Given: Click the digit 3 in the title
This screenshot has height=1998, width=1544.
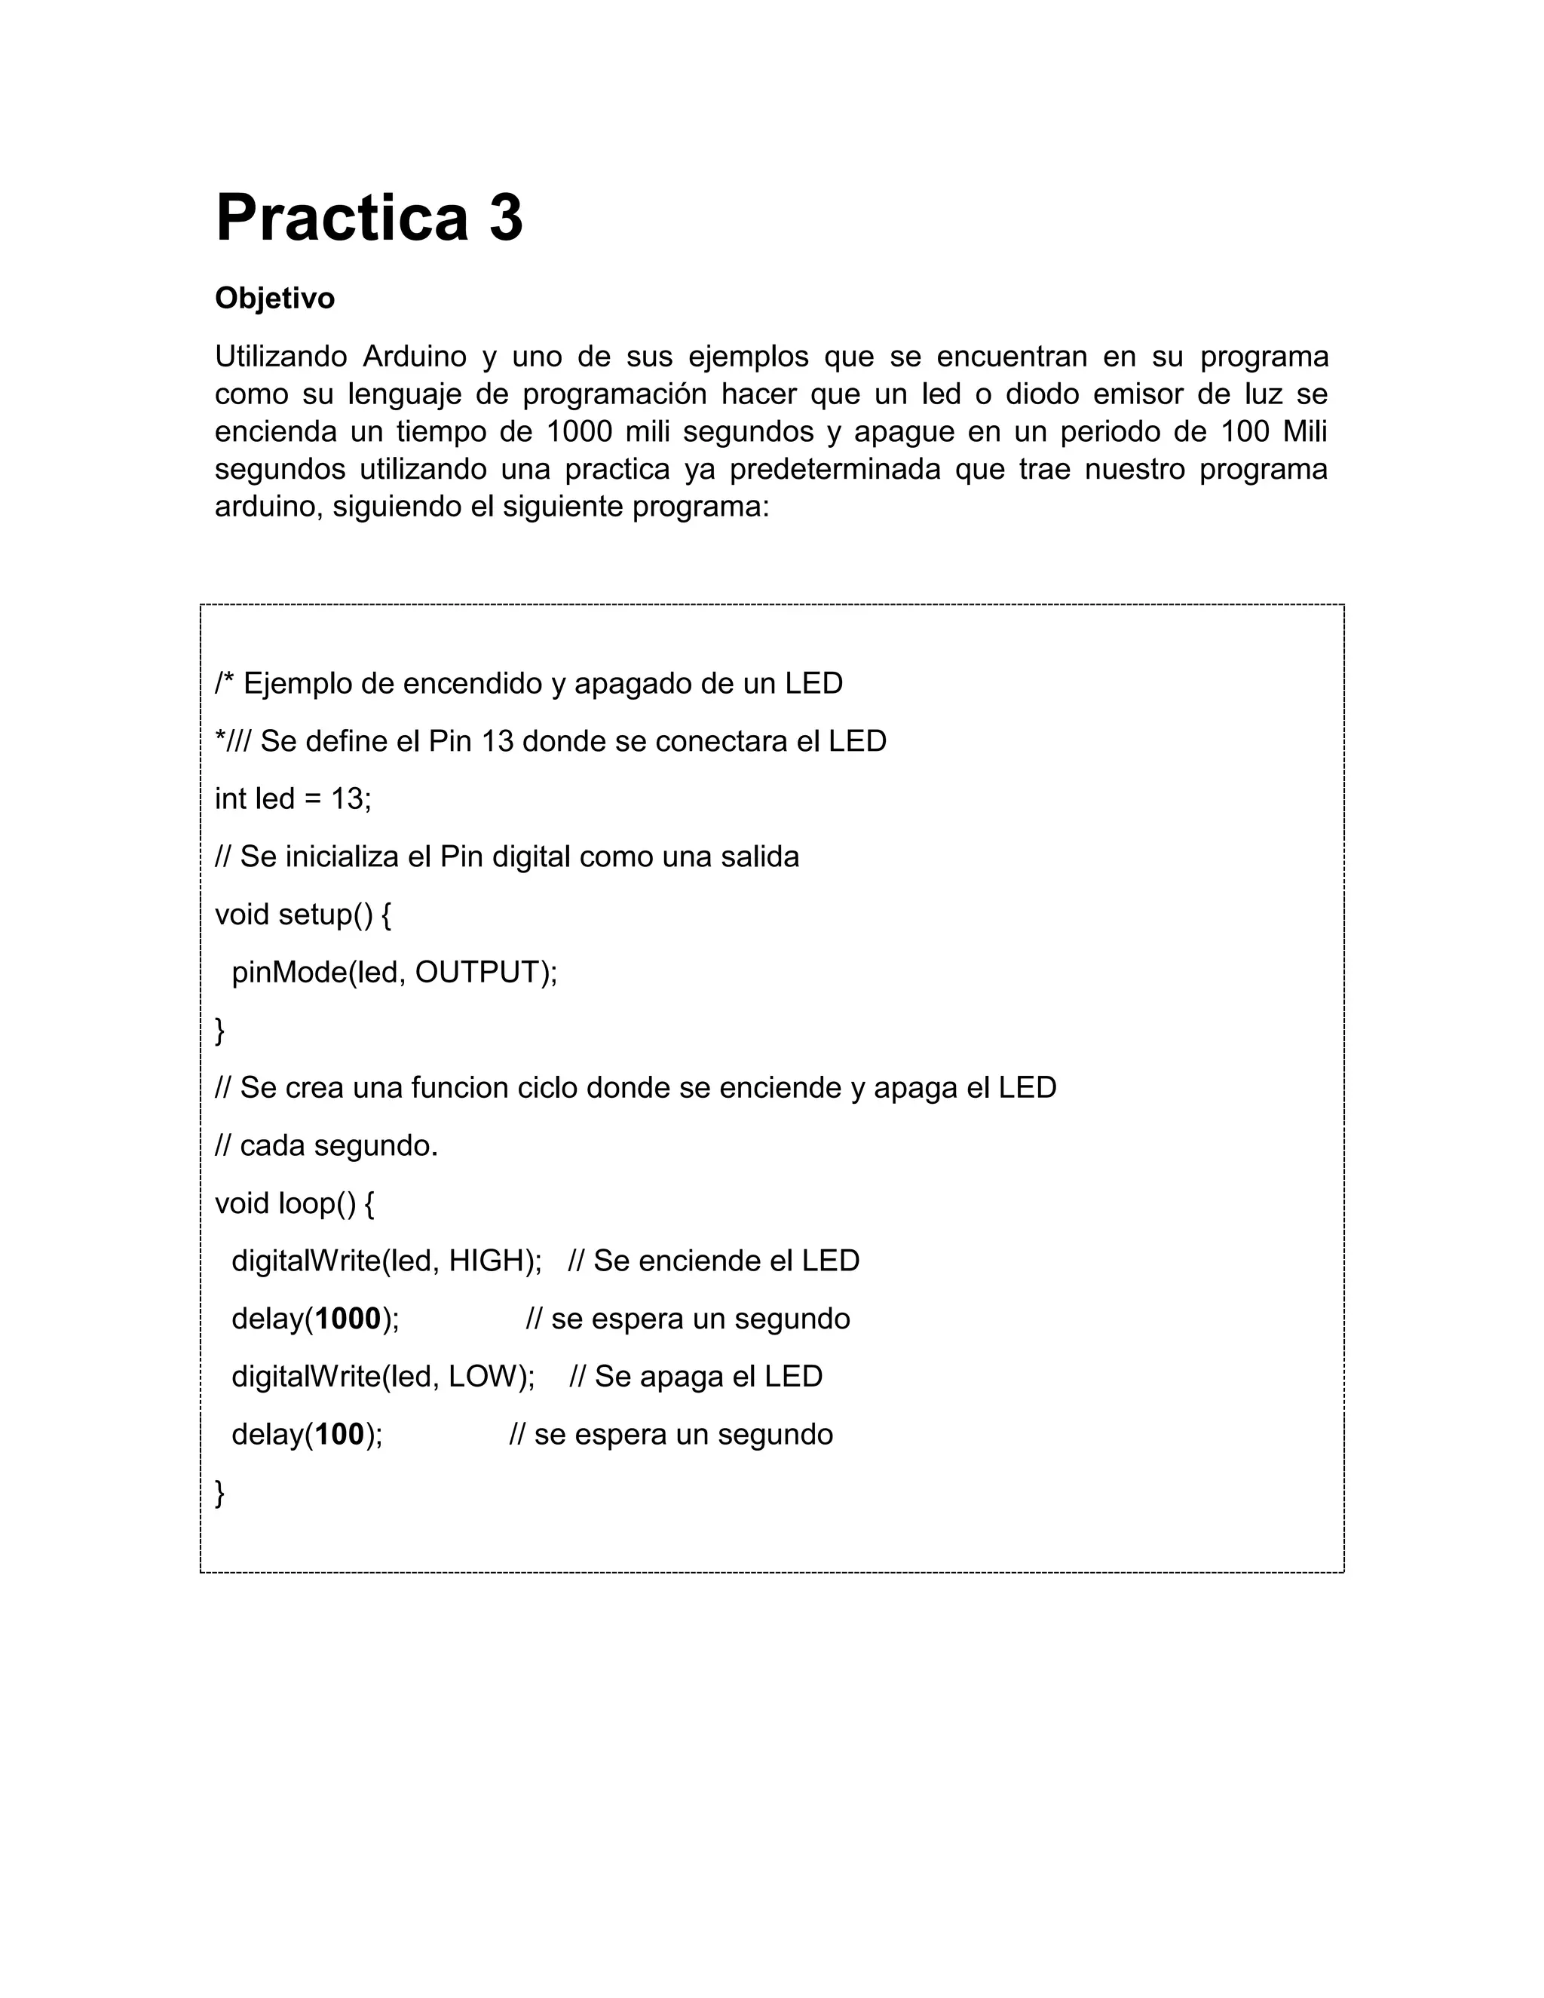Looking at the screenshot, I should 506,219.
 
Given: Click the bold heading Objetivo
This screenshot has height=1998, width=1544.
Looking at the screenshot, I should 274,299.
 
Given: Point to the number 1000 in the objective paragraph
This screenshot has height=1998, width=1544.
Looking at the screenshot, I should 579,432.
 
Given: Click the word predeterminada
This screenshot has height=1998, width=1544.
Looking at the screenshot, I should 835,469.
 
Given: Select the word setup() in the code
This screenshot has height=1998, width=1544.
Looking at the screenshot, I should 326,914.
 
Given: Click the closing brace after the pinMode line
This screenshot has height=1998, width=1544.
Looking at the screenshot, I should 219,1031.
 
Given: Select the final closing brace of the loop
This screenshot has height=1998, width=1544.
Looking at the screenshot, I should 219,1492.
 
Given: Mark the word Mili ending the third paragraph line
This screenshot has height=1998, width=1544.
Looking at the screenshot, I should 1304,432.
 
